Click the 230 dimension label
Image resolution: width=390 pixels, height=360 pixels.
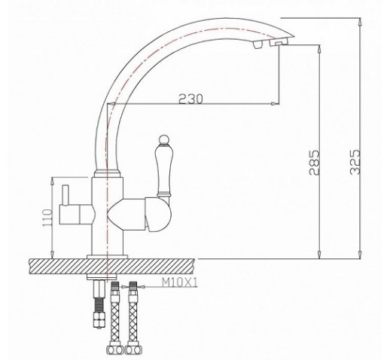pos(190,99)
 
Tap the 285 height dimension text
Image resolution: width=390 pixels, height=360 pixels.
pos(315,163)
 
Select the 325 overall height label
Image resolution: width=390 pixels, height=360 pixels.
pos(355,162)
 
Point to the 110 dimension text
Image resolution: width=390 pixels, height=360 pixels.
pos(47,218)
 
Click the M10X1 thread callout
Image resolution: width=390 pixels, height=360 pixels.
pos(180,282)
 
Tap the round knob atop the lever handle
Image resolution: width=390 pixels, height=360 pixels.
pos(163,140)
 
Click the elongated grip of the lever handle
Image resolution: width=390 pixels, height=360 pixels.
pos(164,170)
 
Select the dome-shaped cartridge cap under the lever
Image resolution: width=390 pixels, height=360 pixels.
pos(157,214)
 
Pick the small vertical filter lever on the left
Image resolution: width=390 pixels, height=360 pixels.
pos(66,195)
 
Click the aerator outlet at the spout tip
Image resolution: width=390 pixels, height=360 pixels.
pos(279,43)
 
